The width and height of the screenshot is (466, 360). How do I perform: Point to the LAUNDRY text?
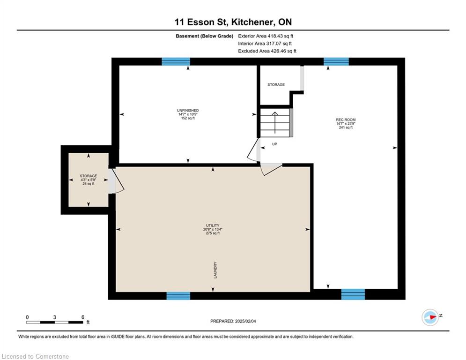click(215, 270)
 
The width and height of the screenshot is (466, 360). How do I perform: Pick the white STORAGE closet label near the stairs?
click(276, 85)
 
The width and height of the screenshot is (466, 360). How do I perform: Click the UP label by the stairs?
click(274, 144)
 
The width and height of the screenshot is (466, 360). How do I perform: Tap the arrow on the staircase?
click(275, 123)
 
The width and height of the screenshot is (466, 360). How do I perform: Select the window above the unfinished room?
click(176, 61)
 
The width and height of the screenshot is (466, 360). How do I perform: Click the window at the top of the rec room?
click(336, 61)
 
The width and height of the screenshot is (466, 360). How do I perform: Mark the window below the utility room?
click(178, 296)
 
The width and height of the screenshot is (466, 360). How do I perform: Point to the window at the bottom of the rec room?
click(353, 294)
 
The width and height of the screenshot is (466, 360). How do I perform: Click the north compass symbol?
click(430, 317)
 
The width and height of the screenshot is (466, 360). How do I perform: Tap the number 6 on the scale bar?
click(83, 317)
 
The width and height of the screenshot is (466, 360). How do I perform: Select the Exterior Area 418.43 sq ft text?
click(266, 36)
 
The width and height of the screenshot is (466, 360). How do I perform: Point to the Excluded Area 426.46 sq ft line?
click(267, 51)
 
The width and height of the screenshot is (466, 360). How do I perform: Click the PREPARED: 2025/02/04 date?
click(233, 321)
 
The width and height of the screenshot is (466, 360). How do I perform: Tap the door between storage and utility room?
click(116, 181)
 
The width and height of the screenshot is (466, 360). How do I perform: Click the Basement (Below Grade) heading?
click(205, 36)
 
